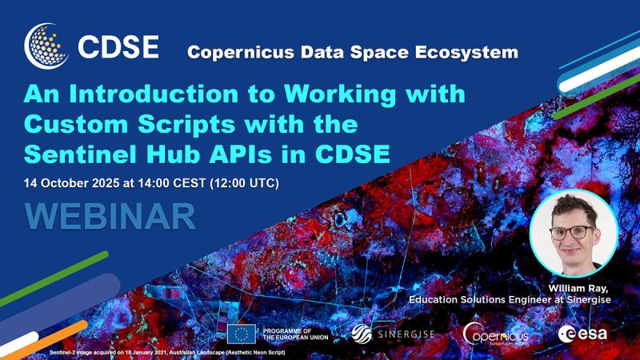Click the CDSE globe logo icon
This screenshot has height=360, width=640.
(46, 46)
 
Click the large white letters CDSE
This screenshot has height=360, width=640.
(118, 46)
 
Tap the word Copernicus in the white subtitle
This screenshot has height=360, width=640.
(241, 52)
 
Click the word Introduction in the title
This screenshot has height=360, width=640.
(154, 94)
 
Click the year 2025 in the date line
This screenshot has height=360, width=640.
(106, 183)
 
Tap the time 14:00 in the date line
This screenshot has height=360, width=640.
(154, 183)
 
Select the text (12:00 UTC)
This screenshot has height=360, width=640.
(245, 183)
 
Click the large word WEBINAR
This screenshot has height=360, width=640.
(110, 216)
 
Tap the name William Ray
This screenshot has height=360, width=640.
(578, 289)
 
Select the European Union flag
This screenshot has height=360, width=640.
(242, 334)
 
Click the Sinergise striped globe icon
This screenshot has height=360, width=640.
(362, 334)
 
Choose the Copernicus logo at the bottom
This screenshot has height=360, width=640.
(495, 334)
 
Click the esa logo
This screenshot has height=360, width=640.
(582, 334)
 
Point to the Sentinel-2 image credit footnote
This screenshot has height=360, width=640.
(167, 352)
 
